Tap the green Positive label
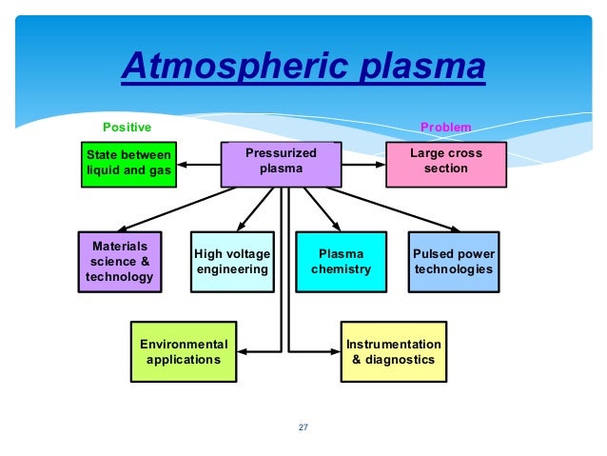pos(127,127)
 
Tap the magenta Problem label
pos(445,127)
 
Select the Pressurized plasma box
pos(281,164)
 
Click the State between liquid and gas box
pos(128,164)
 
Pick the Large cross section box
pos(445,163)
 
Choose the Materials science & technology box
pos(119,260)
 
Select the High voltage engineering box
pos(231,260)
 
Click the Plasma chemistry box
pos(341,260)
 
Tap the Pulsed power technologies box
pos(453,260)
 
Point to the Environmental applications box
pos(184,350)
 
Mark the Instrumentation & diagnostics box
pos(393,350)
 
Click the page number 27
pos(303,426)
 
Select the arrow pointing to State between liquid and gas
pos(196,164)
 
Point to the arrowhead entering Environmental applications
pos(245,350)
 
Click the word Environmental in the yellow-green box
pos(184,343)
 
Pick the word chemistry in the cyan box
pos(341,269)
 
